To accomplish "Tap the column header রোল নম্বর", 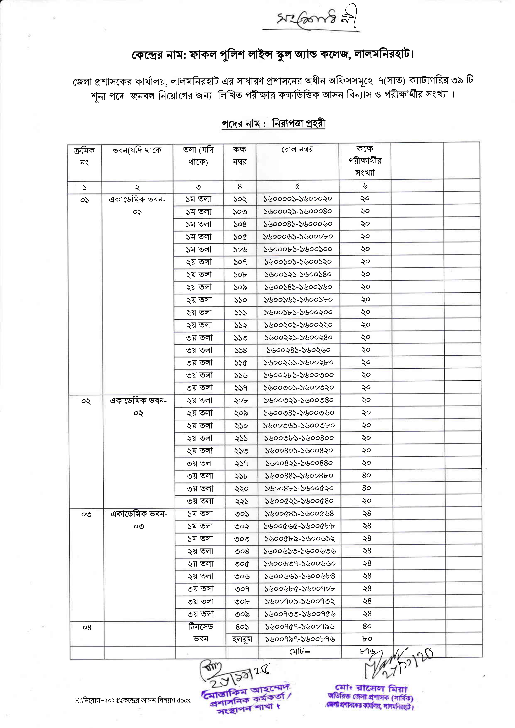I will pyautogui.click(x=297, y=150).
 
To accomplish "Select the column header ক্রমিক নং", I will pyautogui.click(x=84, y=156).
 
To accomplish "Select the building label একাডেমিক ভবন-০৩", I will pyautogui.click(x=139, y=520).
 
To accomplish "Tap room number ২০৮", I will pyautogui.click(x=241, y=401).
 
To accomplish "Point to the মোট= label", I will pyautogui.click(x=300, y=652).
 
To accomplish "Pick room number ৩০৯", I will pyautogui.click(x=242, y=614).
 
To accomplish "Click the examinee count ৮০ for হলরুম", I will pyautogui.click(x=367, y=639).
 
